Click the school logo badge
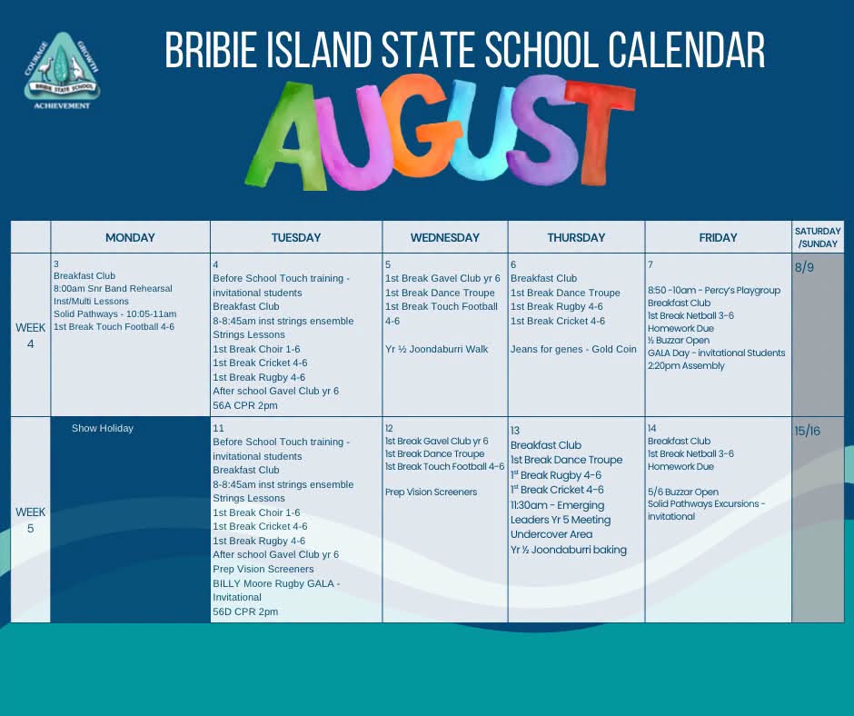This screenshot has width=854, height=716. tap(62, 70)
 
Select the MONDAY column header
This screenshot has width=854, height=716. tap(130, 237)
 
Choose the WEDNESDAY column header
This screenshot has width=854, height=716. tap(445, 237)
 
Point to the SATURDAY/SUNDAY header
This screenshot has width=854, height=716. tap(818, 237)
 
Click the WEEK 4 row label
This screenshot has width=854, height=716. tap(31, 335)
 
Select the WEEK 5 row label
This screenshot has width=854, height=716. tap(31, 520)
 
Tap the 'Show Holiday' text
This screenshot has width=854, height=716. tap(103, 428)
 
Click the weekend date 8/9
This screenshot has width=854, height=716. tap(804, 267)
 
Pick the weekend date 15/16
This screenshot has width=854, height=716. tap(807, 431)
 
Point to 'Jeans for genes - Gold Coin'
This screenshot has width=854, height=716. tap(573, 349)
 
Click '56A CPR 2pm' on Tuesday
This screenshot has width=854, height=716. tap(245, 405)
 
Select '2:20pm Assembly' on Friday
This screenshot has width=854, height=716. tap(686, 365)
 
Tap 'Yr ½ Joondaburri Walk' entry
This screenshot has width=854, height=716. tap(437, 349)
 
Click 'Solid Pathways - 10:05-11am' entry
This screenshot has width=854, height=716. tap(114, 313)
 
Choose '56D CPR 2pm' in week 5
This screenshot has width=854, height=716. tap(245, 612)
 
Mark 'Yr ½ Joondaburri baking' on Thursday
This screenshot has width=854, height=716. tap(569, 550)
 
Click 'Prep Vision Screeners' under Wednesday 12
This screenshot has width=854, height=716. tap(431, 492)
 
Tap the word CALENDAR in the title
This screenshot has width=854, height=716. tap(687, 50)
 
